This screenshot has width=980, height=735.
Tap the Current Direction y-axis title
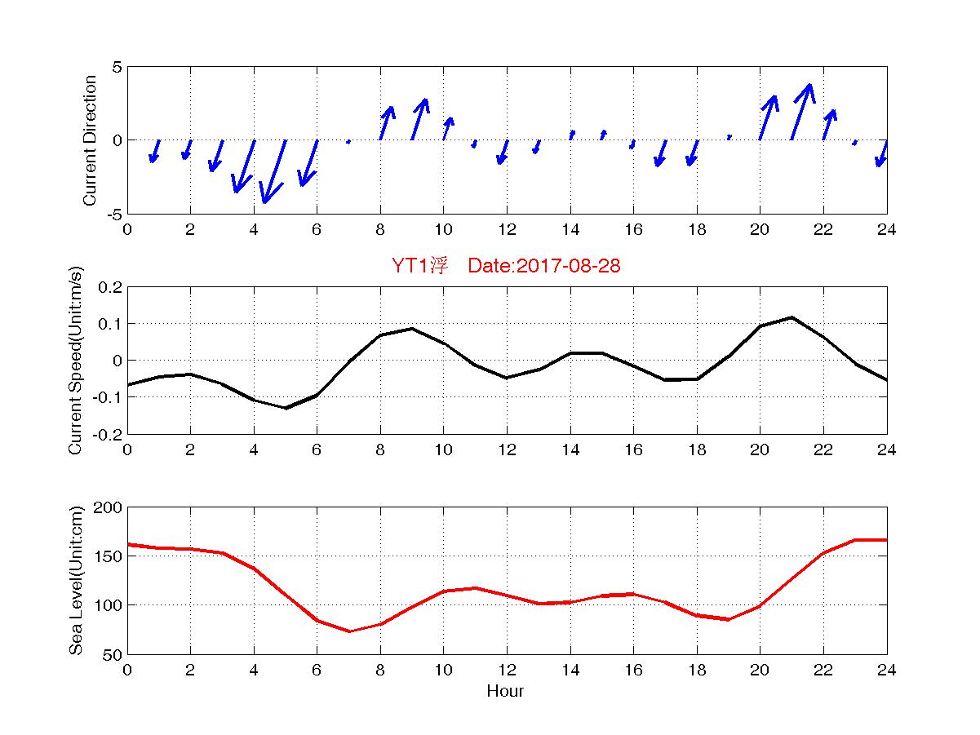point(90,140)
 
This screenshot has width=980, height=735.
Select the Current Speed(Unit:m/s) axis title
point(76,361)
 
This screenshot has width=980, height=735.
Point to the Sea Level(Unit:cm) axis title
point(76,581)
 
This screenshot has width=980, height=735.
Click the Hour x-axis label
point(505,692)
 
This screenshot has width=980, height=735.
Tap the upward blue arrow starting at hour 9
point(419,119)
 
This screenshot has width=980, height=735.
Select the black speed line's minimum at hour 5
point(286,408)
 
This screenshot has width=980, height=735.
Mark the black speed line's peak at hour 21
point(792,317)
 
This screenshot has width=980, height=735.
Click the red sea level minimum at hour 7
point(349,631)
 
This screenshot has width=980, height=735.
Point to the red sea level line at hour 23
point(855,540)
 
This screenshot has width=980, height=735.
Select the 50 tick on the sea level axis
point(113,654)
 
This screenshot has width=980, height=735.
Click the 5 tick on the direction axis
point(117,67)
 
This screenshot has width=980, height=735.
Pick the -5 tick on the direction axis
point(114,214)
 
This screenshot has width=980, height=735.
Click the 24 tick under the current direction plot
point(886,230)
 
